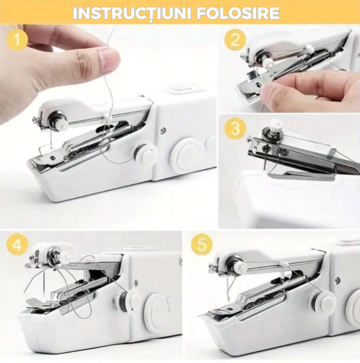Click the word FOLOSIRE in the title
[x=243, y=13]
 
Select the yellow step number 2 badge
[x=236, y=40]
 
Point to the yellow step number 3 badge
[x=235, y=128]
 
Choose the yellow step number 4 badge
[x=19, y=245]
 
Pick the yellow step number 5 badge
[x=201, y=245]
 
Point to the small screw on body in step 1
[x=162, y=131]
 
